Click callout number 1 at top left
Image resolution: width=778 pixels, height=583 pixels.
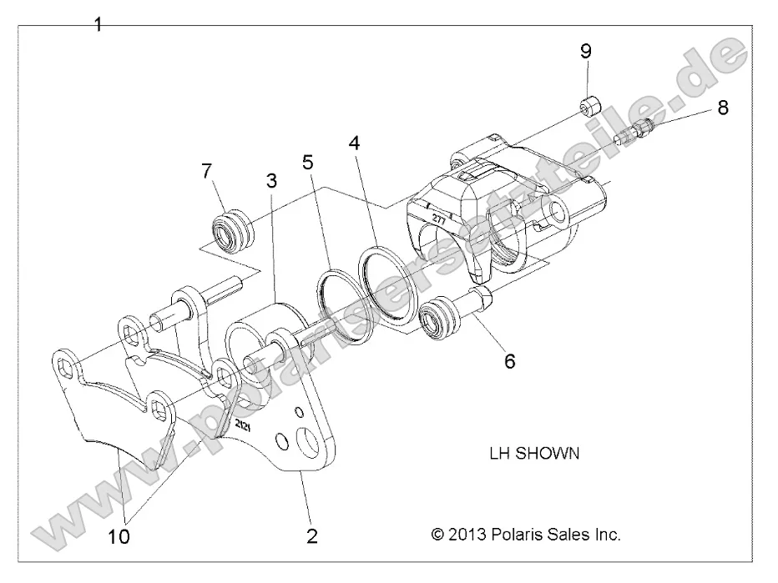pos(98,24)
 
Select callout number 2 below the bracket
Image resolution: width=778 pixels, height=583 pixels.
pos(312,535)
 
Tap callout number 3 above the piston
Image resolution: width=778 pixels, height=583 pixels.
pos(271,180)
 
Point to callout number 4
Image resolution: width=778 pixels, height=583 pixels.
pos(355,143)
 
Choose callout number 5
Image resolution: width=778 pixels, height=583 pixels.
pos(308,160)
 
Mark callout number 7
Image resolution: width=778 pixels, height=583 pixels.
pos(208,171)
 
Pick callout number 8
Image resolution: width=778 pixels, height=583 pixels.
pos(722,107)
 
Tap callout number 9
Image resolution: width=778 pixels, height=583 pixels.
pos(586,51)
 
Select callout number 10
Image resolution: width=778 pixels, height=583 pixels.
pos(119,536)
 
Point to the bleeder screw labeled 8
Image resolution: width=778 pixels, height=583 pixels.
pos(635,132)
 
